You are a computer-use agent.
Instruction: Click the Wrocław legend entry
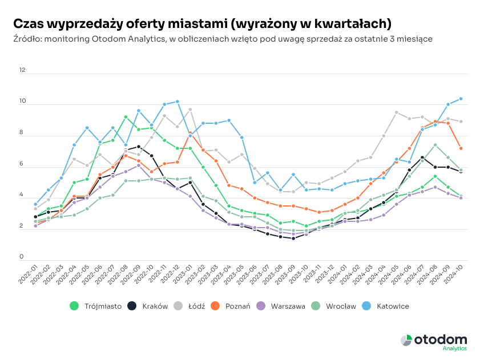coord(335,306)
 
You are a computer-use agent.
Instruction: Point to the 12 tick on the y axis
coord(22,70)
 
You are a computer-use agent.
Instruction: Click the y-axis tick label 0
coord(22,257)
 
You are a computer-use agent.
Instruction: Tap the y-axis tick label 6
coord(22,164)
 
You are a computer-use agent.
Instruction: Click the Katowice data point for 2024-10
coord(461,99)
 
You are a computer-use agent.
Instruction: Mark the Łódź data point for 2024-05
coord(396,112)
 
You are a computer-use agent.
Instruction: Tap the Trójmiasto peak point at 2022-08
coord(126,117)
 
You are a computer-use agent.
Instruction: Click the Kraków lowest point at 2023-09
coord(293,238)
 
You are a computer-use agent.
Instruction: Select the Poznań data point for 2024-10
coord(461,148)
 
